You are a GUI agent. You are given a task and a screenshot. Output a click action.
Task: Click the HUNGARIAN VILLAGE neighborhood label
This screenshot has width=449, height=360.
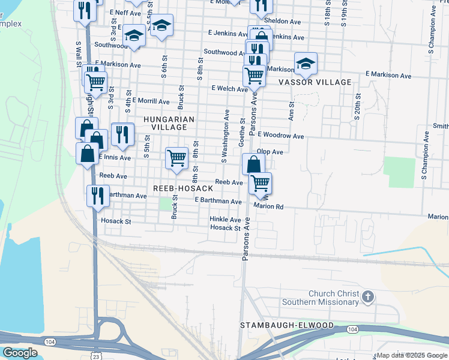point(169,124)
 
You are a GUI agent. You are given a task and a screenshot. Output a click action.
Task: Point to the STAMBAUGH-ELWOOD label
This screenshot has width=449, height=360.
point(287,325)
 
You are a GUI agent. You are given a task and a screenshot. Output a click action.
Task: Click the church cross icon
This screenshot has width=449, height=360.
point(368,296)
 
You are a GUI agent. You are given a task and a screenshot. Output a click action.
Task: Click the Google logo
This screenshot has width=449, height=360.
point(20,353)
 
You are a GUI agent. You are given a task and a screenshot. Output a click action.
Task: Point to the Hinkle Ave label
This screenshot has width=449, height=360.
point(225,220)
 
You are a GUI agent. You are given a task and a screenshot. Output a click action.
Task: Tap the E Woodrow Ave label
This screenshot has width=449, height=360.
point(280,137)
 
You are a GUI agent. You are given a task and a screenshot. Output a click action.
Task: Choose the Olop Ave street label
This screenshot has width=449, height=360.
point(270,152)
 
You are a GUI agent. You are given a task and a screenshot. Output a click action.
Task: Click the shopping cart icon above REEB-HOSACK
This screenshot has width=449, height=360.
point(176,158)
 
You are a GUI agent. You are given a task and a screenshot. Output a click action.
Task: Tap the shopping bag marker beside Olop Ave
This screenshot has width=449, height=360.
point(253,164)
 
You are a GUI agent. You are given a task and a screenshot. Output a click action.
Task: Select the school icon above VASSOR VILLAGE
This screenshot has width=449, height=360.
point(306,63)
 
